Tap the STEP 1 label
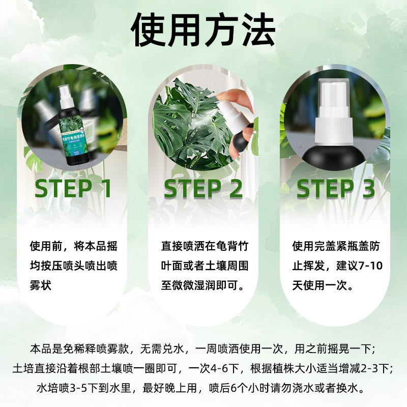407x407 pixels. point(73,188)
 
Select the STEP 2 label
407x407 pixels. point(203,188)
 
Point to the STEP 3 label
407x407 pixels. point(335,188)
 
